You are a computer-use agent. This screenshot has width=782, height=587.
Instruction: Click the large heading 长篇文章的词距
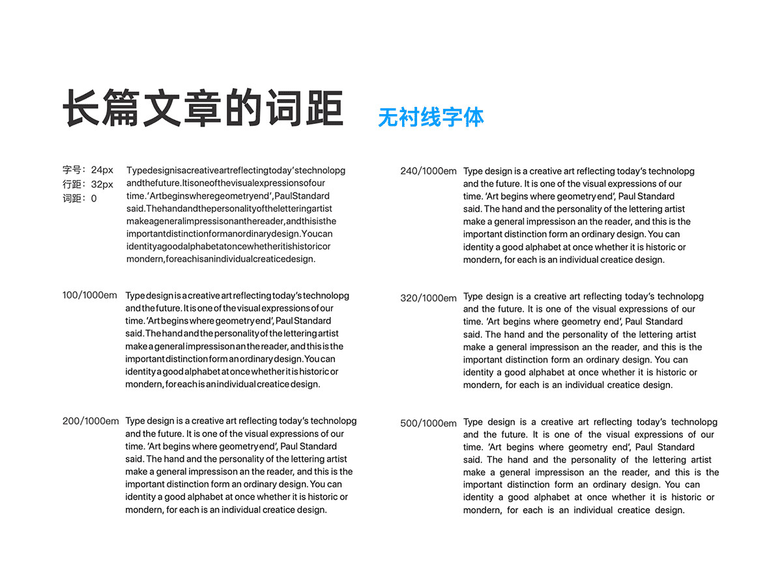203,108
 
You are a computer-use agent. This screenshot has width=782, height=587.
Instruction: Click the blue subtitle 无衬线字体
431,117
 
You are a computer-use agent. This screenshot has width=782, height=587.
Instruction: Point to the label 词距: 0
80,198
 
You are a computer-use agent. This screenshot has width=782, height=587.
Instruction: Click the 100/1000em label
90,295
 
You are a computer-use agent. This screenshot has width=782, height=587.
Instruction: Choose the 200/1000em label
91,421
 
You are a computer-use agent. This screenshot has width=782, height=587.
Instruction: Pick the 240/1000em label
428,172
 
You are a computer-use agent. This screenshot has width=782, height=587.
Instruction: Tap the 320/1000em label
428,298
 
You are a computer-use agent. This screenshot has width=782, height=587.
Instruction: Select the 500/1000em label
428,423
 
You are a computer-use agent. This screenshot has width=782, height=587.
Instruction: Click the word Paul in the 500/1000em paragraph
644,447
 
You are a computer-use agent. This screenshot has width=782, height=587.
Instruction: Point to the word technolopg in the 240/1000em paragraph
671,172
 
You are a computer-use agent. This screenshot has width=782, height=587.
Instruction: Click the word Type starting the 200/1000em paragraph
135,421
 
